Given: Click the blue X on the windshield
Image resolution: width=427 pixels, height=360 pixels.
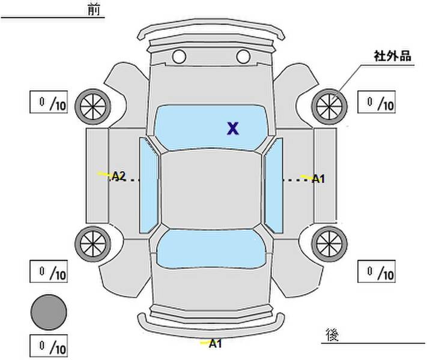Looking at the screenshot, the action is click(x=233, y=128).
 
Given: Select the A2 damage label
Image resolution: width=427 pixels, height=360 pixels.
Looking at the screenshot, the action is click(x=119, y=176).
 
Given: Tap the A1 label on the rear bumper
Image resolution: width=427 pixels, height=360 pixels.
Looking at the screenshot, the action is click(x=216, y=344).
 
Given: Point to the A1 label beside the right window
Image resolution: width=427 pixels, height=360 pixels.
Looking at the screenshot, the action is click(x=318, y=179).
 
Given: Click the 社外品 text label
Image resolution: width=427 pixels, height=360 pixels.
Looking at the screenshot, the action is click(x=392, y=56).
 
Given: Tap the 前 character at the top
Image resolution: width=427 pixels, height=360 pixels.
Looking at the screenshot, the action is click(x=94, y=10).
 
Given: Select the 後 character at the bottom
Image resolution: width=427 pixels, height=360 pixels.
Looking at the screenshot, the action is click(x=332, y=335).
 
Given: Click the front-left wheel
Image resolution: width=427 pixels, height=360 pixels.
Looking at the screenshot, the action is click(x=93, y=107).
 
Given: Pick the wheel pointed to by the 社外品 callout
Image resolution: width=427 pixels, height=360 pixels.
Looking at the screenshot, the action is click(x=329, y=107).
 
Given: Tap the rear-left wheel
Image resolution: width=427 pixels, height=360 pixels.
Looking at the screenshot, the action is click(x=93, y=244).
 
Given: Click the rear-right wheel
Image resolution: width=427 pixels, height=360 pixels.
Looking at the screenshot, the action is click(x=329, y=244).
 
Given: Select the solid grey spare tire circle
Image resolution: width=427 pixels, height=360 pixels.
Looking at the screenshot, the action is click(x=49, y=313).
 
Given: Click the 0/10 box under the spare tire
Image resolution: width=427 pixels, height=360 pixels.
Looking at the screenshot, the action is click(x=49, y=346).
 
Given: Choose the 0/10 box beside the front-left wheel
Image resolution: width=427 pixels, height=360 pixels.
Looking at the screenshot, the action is click(x=49, y=102).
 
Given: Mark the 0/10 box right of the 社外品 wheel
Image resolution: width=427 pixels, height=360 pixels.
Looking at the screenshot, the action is click(x=377, y=102).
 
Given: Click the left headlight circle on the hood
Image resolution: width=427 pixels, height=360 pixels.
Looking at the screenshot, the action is click(x=179, y=56).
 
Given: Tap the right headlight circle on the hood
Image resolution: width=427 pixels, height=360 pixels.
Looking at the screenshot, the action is click(x=243, y=56).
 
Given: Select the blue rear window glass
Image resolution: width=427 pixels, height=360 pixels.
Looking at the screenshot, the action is click(x=211, y=248).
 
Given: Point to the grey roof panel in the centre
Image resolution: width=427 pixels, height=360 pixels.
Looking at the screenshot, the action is click(x=211, y=189).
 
